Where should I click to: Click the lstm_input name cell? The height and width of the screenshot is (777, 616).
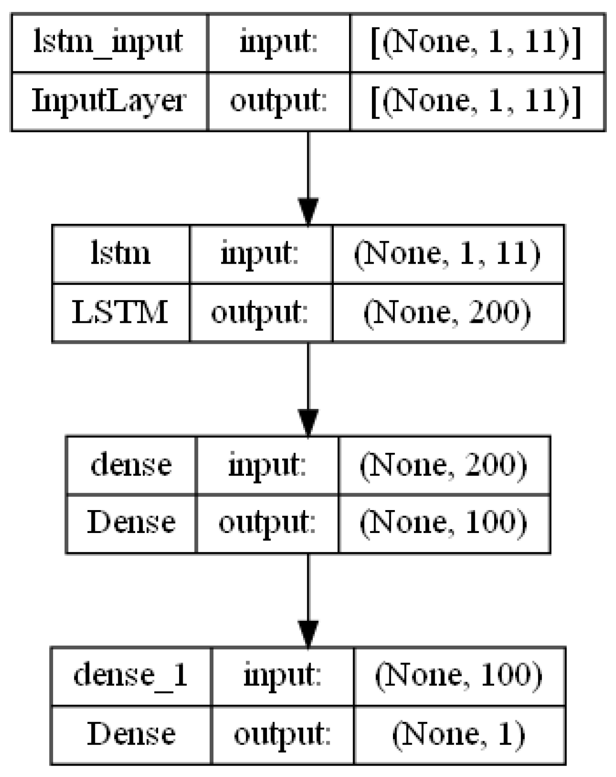[109, 43]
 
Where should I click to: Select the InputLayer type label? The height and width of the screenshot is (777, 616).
[109, 101]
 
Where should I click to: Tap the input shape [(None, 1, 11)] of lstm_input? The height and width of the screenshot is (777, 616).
[476, 43]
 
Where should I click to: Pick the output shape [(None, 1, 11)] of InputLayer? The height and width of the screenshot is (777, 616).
[476, 101]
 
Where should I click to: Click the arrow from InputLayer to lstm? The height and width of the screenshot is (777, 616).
[308, 179]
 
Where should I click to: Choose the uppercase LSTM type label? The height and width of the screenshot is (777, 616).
[120, 313]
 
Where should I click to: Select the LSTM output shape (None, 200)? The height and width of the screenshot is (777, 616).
[447, 313]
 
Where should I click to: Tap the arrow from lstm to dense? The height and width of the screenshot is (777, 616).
[308, 389]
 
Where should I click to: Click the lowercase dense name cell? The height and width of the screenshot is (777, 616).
[131, 465]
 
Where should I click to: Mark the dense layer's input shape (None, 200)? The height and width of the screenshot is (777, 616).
[444, 465]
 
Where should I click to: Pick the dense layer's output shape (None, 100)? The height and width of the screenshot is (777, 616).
[444, 523]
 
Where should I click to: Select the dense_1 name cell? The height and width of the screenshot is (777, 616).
[131, 676]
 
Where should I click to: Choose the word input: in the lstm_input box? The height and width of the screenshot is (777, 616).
[278, 43]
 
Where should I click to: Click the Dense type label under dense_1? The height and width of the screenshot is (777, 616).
[131, 734]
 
